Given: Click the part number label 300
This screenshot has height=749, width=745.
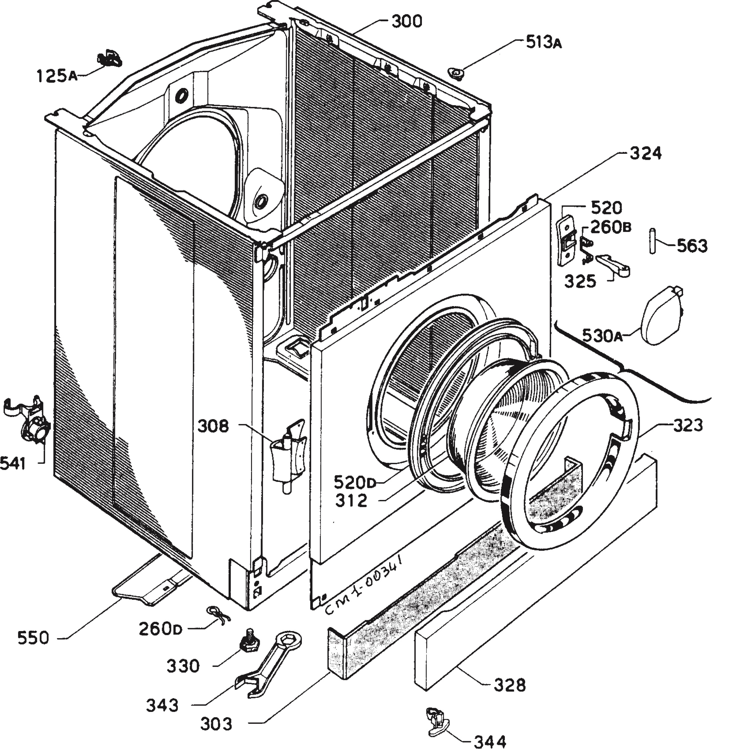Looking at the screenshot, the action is (406, 22).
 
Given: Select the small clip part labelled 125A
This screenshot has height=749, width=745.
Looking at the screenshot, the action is (109, 59).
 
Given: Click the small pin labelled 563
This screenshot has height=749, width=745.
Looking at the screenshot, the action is (653, 241).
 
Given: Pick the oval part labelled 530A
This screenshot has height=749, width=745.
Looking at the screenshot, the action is (662, 315).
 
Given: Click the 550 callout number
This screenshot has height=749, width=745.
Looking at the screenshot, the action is (33, 638).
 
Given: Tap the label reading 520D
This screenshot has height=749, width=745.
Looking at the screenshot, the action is (355, 483).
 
